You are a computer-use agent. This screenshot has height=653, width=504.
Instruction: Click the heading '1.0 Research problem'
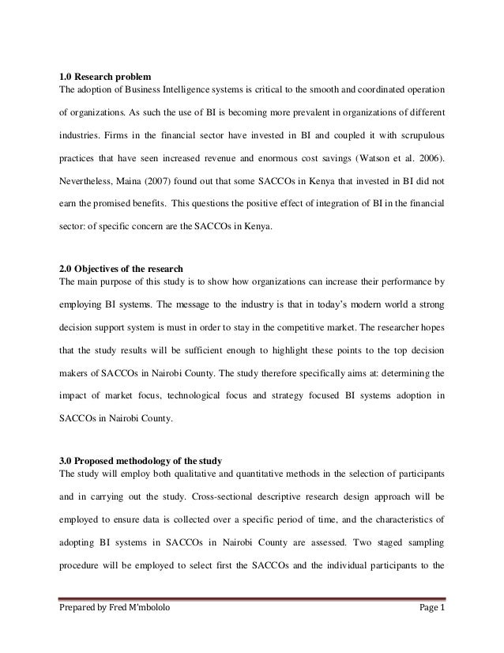coord(100,77)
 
